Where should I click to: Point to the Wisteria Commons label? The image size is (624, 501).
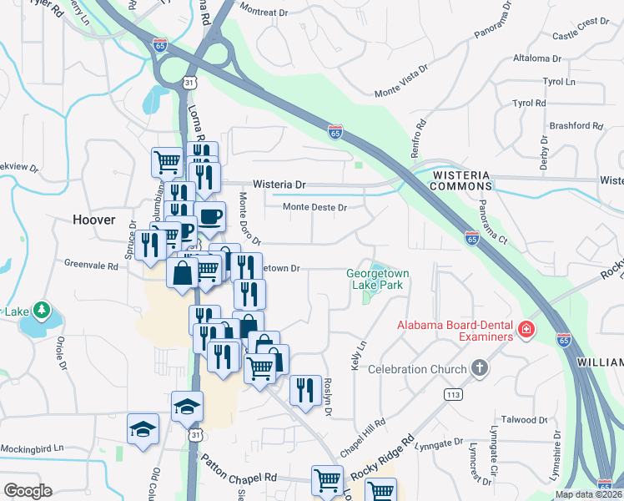461,180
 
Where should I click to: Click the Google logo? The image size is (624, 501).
28,491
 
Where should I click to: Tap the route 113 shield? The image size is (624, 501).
454,394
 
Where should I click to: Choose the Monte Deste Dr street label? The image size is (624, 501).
314,207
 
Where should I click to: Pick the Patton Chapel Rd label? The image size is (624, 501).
242,477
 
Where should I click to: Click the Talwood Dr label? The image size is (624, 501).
524,419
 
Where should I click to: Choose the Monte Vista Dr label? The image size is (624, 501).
401,80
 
